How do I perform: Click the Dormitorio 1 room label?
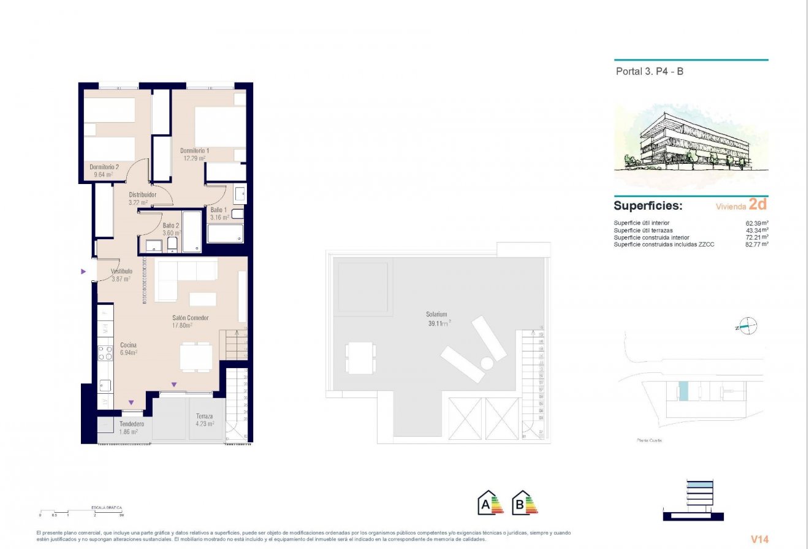pos(194,150)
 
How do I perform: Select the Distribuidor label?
pos(142,194)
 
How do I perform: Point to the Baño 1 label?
pos(218,210)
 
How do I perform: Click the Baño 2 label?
pos(171,225)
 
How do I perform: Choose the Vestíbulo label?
pos(121,271)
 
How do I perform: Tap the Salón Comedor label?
pos(191,318)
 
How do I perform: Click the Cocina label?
pos(128,345)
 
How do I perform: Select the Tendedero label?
pos(132,424)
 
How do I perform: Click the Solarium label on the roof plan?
pos(438,314)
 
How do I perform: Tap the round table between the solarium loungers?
pos(487,364)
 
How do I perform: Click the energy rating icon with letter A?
pos(490,503)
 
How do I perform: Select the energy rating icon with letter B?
pos(524,503)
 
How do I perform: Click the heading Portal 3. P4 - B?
pos(649,71)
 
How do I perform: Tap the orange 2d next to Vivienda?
pos(758,205)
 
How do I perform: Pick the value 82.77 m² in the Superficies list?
pos(756,244)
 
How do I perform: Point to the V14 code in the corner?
pos(760,539)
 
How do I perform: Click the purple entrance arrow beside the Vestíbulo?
pos(84,271)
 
